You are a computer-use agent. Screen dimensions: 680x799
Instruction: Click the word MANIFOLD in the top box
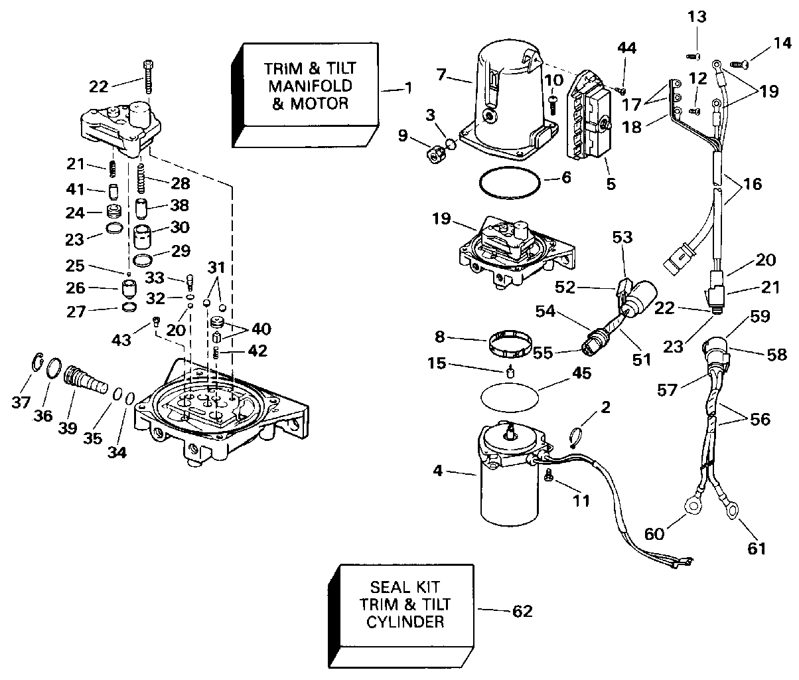310,86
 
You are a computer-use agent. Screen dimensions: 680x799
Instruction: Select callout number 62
523,610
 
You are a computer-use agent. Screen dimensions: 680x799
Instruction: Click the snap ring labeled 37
39,365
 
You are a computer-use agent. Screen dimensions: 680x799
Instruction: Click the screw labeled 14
739,64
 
